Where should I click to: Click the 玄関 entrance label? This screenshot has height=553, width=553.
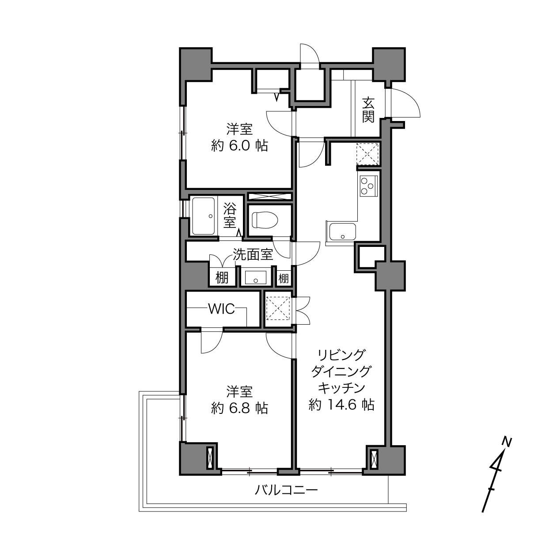(x=368, y=110)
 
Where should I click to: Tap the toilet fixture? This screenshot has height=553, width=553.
(x=265, y=220)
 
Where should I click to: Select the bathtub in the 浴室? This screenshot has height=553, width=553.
(x=204, y=216)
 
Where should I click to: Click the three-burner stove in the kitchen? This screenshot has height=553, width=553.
(x=368, y=186)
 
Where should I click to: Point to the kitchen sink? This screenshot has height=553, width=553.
(x=342, y=231)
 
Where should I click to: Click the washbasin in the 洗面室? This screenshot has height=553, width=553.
(x=256, y=277)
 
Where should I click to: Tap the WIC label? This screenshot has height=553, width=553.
(x=222, y=309)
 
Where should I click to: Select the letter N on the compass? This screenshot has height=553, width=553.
(x=508, y=442)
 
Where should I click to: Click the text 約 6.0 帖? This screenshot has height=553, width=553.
(x=240, y=146)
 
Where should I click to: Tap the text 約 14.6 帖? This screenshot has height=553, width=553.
(x=341, y=405)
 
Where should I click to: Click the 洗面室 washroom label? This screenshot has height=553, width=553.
(x=253, y=254)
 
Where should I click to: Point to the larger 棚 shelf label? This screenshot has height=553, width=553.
(x=222, y=278)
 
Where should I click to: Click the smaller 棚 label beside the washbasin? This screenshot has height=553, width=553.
(x=284, y=278)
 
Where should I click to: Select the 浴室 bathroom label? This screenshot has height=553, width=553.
(x=230, y=215)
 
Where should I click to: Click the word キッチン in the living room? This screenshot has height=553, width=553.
(x=341, y=388)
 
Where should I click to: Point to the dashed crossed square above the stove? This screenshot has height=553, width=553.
(x=367, y=154)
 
